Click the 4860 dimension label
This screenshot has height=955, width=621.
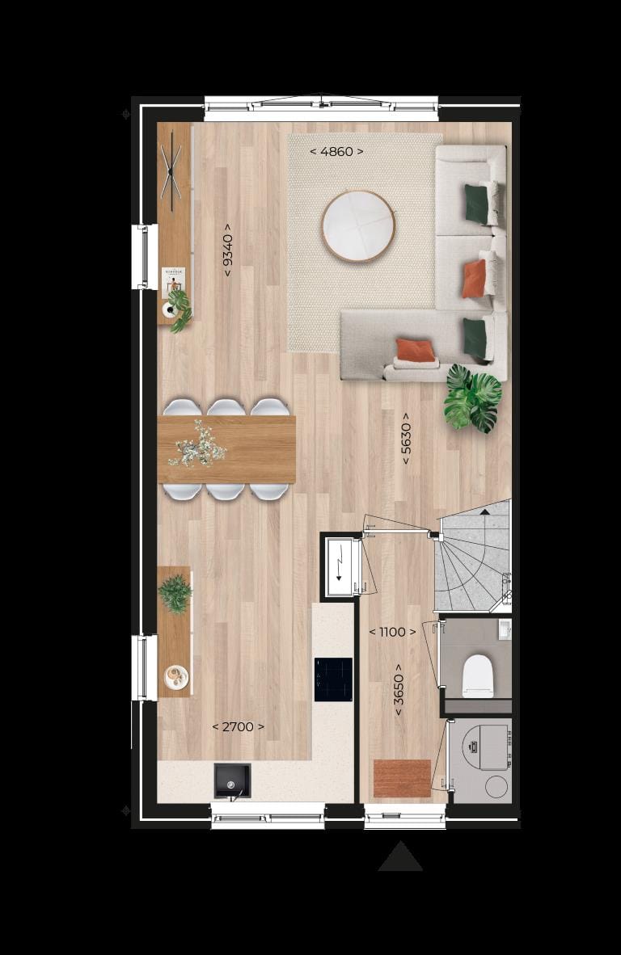point(336,151)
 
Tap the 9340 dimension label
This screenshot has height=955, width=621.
point(228,250)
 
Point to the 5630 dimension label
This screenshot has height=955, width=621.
point(406,444)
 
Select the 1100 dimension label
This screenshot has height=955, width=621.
point(392,632)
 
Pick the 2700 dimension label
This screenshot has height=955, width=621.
point(238,726)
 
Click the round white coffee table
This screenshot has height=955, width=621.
point(358,226)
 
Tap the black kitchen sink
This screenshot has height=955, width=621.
point(232,780)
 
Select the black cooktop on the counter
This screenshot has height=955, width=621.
point(333,679)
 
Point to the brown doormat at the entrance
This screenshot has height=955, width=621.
point(402,778)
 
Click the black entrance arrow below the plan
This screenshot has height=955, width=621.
point(400,857)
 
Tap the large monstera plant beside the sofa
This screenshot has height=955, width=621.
point(473,398)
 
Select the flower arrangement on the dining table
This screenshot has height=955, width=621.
point(197,444)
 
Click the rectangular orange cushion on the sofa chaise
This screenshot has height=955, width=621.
point(416,351)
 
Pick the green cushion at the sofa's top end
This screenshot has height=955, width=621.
point(476,204)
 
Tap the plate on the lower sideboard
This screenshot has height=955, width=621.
point(175,676)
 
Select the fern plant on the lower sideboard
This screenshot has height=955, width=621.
point(175,594)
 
